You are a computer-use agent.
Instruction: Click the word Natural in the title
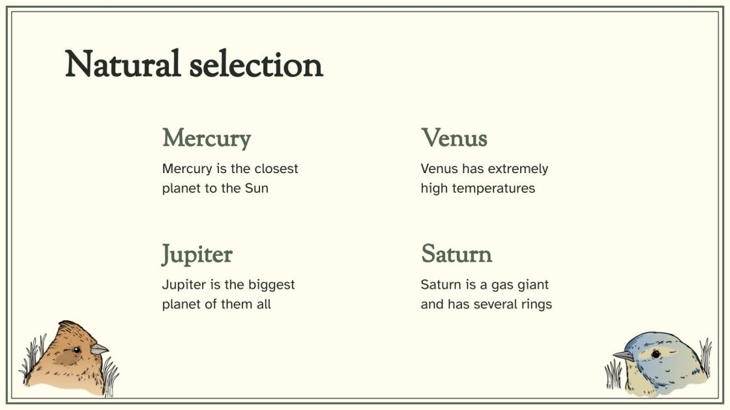click(x=123, y=64)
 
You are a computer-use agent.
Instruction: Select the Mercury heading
click(x=207, y=138)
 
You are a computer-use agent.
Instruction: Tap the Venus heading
click(x=454, y=138)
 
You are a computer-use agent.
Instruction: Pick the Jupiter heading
click(x=197, y=254)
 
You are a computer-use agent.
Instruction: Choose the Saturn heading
click(x=456, y=254)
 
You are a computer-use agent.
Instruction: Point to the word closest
click(x=276, y=169)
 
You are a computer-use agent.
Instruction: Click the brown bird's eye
click(x=76, y=350)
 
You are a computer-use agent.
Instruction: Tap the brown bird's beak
click(x=100, y=349)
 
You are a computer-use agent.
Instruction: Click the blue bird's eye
click(x=655, y=353)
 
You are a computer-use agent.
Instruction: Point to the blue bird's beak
click(x=623, y=356)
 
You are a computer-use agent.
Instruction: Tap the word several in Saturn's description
click(x=492, y=304)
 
